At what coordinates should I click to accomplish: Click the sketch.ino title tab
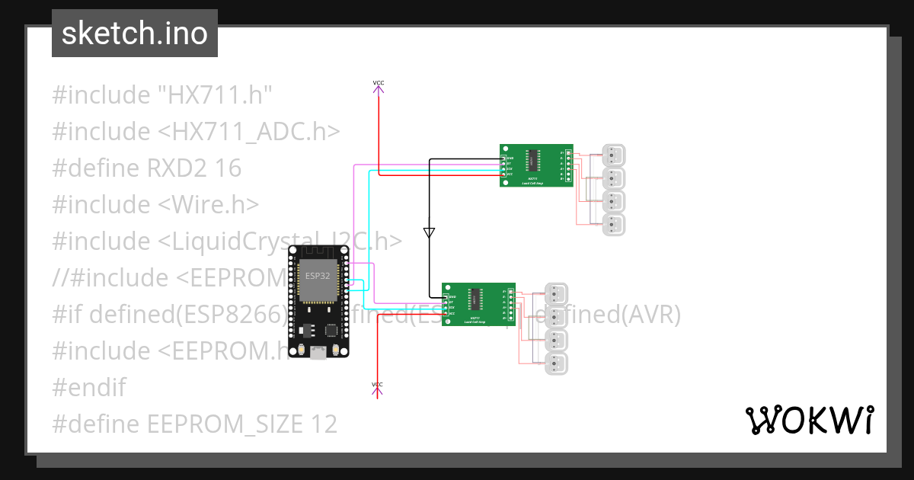135,34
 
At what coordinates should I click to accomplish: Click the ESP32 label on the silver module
317,275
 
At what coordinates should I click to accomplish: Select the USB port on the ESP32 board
318,351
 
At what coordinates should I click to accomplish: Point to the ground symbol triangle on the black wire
429,232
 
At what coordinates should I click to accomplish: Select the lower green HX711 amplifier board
478,303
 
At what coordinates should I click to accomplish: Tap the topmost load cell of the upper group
613,155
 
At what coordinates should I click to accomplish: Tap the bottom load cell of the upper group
613,225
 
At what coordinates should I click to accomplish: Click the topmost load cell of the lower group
557,293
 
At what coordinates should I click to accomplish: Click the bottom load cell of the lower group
557,363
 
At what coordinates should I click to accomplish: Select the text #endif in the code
88,387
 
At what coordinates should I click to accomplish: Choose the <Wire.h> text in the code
208,205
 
